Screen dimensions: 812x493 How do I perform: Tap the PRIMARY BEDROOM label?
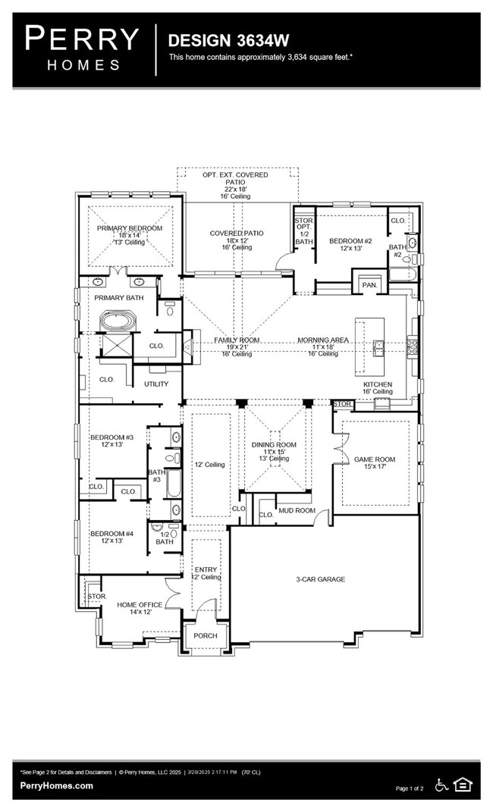click(x=129, y=228)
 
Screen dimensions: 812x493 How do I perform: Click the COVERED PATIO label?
click(x=237, y=234)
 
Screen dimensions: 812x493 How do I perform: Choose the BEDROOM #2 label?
click(x=350, y=241)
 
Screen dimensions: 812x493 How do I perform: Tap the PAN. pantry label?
click(x=370, y=284)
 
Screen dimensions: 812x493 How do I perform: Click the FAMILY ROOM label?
click(x=237, y=340)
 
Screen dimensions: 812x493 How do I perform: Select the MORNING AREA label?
click(x=323, y=340)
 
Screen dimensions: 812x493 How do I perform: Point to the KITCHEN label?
click(x=378, y=384)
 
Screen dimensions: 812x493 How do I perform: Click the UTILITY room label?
click(x=157, y=384)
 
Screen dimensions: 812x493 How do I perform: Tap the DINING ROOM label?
click(x=275, y=445)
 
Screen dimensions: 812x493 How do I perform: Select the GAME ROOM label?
click(x=375, y=459)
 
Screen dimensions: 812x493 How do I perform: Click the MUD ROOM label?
click(x=297, y=510)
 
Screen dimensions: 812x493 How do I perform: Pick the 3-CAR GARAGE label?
click(x=320, y=579)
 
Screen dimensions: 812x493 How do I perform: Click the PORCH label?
click(x=205, y=635)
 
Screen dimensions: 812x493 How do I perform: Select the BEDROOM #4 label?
click(x=112, y=534)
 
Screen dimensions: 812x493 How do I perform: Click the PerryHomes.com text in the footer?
click(x=57, y=785)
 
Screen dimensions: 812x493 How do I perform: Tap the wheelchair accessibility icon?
click(x=442, y=785)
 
